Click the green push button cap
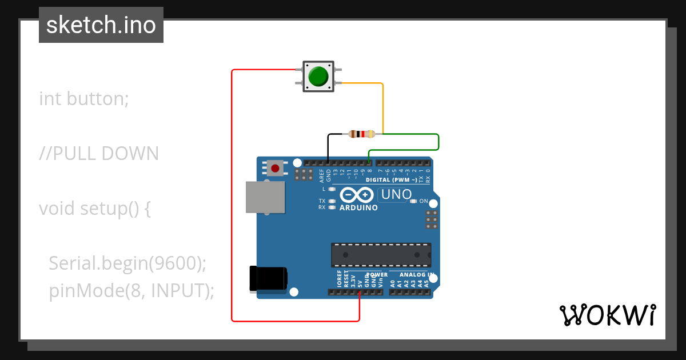(318, 76)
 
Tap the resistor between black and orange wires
(361, 134)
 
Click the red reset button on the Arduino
(276, 168)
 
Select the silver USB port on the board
(265, 198)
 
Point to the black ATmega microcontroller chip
(381, 255)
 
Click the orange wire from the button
(382, 106)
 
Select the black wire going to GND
(328, 146)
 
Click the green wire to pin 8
(438, 142)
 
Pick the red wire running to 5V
(232, 194)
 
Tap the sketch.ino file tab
(101, 25)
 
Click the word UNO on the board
(397, 194)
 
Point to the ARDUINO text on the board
(358, 208)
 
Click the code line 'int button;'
(84, 99)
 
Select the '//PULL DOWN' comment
(99, 154)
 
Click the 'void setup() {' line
(95, 209)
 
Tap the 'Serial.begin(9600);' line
(127, 263)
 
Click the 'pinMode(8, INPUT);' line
(131, 291)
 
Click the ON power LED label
(424, 201)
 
